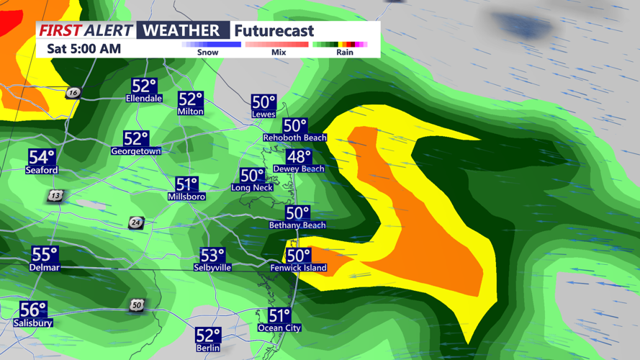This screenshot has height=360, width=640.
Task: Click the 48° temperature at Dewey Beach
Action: tap(299, 156)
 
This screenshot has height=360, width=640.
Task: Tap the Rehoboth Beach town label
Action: tap(295, 138)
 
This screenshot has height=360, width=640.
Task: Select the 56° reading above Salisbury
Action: tap(33, 310)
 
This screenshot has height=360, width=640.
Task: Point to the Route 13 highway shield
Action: tap(56, 196)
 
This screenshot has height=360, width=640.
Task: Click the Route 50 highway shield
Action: tap(137, 305)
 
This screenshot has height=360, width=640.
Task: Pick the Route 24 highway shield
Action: tap(136, 222)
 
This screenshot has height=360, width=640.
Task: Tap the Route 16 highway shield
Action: tap(73, 93)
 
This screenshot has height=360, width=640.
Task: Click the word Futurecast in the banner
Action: tap(274, 31)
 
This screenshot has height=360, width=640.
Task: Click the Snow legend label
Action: tap(207, 53)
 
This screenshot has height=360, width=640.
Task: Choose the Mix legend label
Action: tap(279, 53)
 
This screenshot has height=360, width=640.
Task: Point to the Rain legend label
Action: tap(345, 53)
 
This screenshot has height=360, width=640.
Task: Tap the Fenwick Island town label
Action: tap(298, 268)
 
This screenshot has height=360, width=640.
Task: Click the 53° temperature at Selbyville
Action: tap(212, 255)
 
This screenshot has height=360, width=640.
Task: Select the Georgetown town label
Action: tap(136, 151)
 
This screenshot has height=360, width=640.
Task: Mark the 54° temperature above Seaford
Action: tap(41, 157)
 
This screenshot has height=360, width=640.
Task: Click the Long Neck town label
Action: tap(252, 187)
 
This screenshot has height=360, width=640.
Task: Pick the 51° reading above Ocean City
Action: tap(279, 315)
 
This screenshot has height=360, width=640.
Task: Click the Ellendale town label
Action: tap(144, 98)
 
